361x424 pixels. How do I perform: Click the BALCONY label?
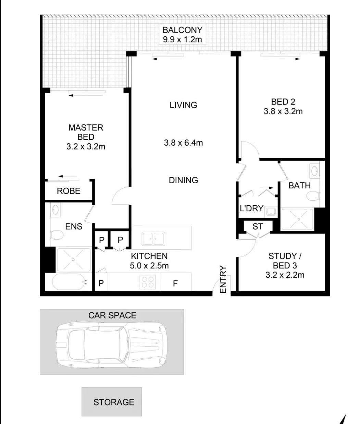(183, 30)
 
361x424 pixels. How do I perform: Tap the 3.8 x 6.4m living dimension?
(183, 143)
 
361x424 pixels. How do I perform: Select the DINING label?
(183, 180)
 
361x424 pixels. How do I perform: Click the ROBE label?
(69, 191)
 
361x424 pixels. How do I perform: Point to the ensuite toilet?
(57, 235)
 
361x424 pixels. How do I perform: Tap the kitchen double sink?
(153, 239)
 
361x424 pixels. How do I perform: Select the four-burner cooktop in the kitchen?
(148, 282)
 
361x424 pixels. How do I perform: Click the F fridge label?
(175, 283)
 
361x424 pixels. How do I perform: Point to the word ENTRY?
(223, 279)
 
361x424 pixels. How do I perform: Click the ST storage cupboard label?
(258, 226)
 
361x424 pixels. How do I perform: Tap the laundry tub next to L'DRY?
(271, 211)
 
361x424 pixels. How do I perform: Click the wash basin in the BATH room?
(314, 171)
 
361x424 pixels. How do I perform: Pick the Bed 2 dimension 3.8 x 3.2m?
(283, 111)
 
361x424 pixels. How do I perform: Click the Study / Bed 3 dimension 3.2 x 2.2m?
(285, 275)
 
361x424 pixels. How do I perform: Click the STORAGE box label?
(114, 402)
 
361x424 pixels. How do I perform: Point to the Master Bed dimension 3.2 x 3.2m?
(86, 147)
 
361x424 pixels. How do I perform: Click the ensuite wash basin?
(55, 210)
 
